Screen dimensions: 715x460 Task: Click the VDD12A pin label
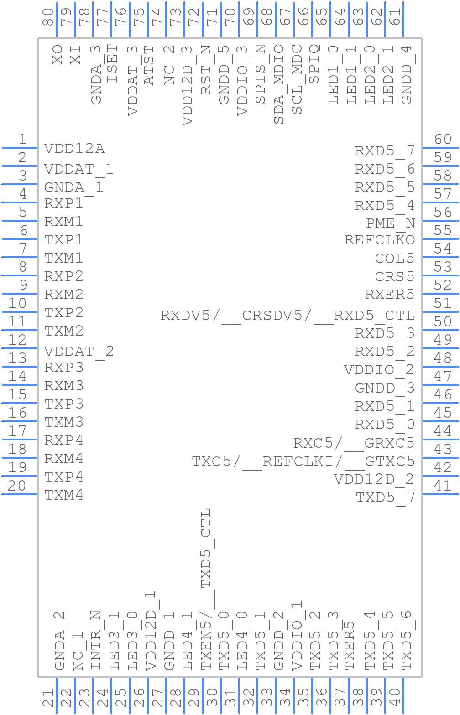(74, 149)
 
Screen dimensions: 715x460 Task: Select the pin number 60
(442, 139)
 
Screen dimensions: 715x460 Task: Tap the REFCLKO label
(379, 240)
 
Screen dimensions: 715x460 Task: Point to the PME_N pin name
(390, 223)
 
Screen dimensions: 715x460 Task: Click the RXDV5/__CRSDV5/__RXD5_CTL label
(287, 316)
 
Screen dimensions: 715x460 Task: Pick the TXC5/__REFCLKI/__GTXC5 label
(303, 461)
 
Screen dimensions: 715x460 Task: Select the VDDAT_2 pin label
(79, 352)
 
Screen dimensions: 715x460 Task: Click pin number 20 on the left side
(17, 486)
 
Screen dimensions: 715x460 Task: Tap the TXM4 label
(64, 495)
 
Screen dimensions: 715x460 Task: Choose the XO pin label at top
(57, 54)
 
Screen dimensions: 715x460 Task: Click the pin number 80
(48, 17)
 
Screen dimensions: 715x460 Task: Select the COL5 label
(394, 259)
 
